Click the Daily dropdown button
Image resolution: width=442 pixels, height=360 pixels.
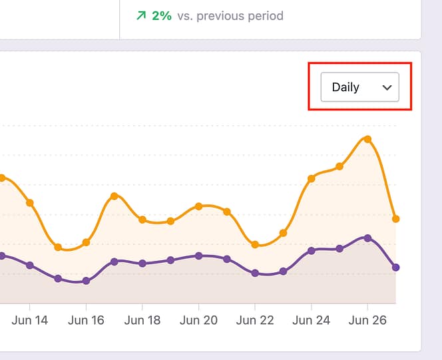click(x=359, y=87)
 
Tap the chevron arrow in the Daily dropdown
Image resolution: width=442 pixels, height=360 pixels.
click(x=387, y=87)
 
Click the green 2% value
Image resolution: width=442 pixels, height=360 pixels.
click(x=161, y=15)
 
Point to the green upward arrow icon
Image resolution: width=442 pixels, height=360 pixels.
click(x=140, y=15)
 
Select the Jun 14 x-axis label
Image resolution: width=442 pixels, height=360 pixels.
click(x=30, y=320)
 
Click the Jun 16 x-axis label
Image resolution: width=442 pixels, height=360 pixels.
click(x=86, y=320)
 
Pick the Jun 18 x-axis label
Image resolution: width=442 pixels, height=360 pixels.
click(x=142, y=320)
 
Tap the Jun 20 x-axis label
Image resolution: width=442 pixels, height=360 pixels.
click(x=198, y=320)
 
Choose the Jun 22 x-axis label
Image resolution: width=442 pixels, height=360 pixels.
click(x=255, y=320)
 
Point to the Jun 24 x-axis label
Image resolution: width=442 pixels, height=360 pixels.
click(x=311, y=320)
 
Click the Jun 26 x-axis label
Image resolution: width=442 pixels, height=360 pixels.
click(x=367, y=320)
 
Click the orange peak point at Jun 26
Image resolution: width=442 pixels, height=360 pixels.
click(x=367, y=139)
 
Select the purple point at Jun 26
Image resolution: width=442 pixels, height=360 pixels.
click(x=367, y=238)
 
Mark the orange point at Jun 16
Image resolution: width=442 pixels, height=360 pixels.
click(x=86, y=242)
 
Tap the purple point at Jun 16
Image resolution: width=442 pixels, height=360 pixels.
click(x=86, y=281)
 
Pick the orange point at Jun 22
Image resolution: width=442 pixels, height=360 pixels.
click(x=255, y=244)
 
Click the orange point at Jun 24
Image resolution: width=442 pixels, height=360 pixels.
click(x=311, y=178)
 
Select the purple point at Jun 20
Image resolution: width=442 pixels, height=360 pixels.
click(x=198, y=256)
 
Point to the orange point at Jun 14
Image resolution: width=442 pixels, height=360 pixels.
click(x=30, y=202)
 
